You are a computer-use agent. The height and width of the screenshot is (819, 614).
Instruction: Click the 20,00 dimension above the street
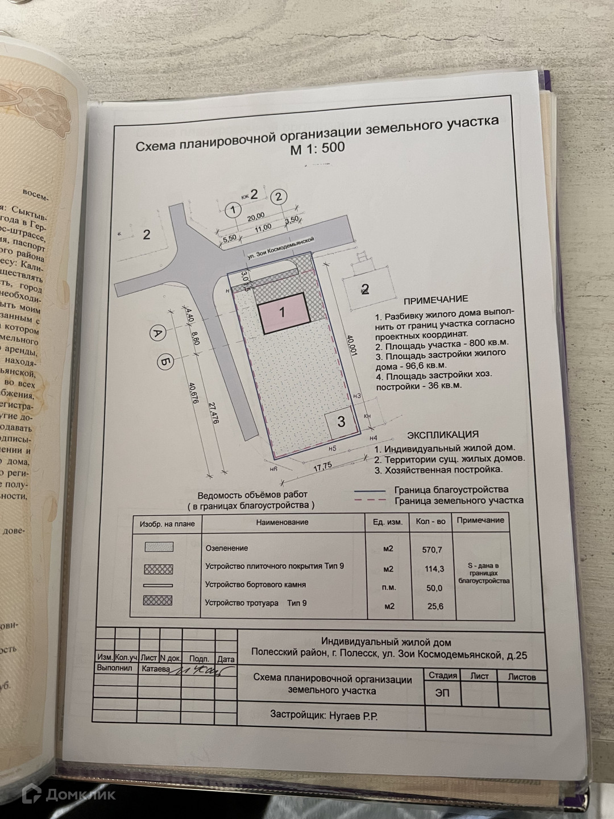point(256,216)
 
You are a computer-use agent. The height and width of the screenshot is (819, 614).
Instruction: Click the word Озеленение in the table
point(226,548)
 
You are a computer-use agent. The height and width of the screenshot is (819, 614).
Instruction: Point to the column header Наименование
point(282,522)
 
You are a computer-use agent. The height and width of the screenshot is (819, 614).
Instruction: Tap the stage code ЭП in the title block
point(442,694)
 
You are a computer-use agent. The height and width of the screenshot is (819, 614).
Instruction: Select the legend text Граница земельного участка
point(458,500)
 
